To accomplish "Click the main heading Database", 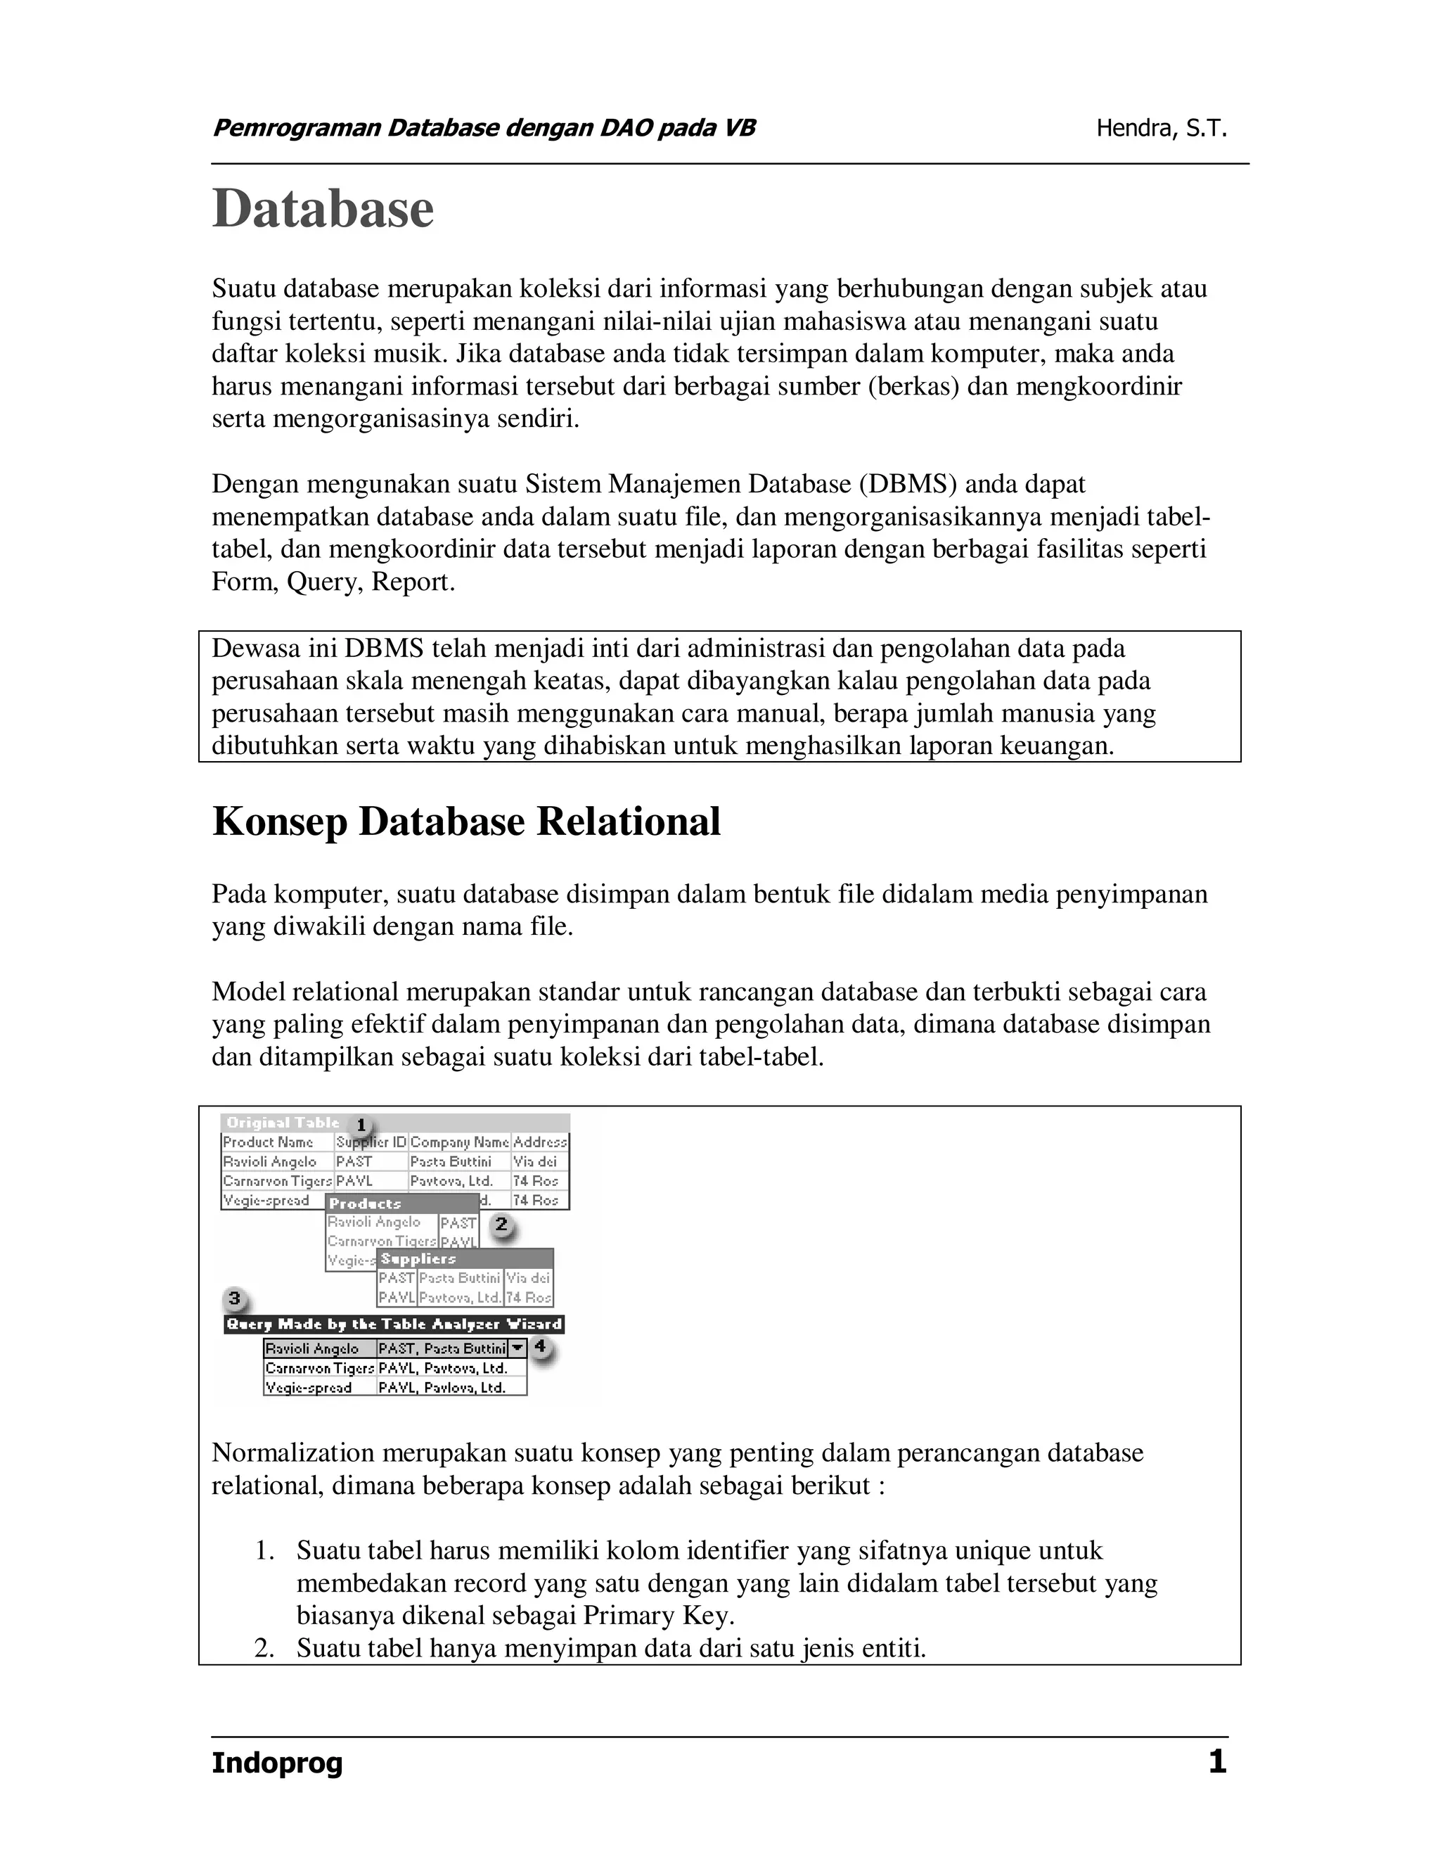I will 323,209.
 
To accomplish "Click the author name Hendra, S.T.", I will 1161,129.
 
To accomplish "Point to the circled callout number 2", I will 501,1225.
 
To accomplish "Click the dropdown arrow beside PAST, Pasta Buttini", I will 517,1348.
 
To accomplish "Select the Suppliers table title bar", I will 465,1259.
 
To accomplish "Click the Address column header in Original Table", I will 540,1142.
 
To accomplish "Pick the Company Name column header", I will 459,1142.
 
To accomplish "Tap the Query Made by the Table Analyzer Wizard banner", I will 394,1324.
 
